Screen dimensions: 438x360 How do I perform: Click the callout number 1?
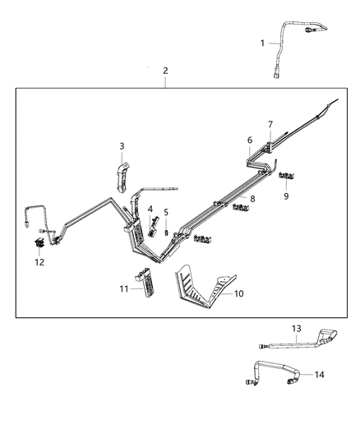click(x=263, y=43)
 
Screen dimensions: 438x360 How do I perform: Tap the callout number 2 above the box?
click(x=165, y=71)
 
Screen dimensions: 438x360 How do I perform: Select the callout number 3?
click(x=122, y=146)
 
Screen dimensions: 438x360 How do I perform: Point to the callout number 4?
click(x=150, y=210)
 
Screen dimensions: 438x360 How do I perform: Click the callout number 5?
click(x=165, y=213)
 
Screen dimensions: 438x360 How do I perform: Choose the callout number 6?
click(x=250, y=141)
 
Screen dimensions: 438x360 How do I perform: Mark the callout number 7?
click(x=269, y=124)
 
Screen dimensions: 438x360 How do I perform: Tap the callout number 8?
click(x=252, y=199)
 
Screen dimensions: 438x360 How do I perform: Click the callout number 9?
click(x=286, y=196)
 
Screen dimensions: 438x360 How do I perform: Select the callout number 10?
click(x=239, y=293)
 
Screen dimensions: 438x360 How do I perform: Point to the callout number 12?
click(x=39, y=262)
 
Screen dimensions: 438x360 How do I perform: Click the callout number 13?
click(x=297, y=329)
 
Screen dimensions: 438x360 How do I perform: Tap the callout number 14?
click(x=319, y=375)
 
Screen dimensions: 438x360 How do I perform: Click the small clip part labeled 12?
click(x=39, y=243)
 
